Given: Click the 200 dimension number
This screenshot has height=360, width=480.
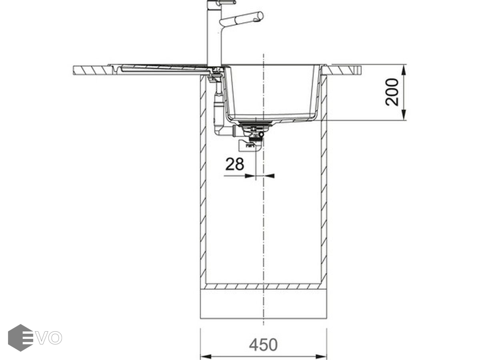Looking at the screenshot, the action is tap(392, 92).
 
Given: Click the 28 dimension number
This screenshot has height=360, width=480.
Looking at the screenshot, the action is tap(234, 164).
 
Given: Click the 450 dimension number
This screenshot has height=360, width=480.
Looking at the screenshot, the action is tap(263, 345).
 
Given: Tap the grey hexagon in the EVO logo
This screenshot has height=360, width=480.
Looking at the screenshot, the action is tap(21, 338).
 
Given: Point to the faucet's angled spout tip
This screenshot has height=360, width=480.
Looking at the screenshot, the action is tap(260, 17).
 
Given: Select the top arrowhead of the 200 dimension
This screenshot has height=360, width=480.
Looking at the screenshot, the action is tap(404, 70).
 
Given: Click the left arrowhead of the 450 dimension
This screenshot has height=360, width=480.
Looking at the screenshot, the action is tap(206, 356).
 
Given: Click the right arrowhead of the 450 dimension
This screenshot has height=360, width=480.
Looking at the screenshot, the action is tap(321, 356).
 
